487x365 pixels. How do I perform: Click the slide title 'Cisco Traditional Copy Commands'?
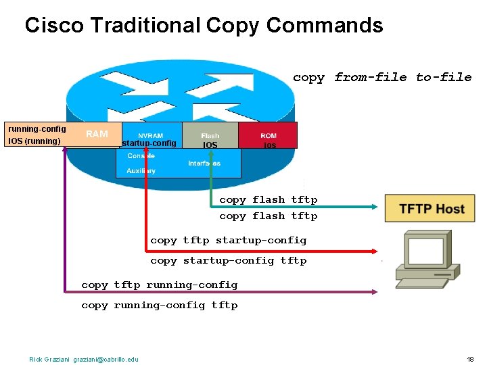click(x=204, y=26)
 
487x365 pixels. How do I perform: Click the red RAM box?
click(x=97, y=134)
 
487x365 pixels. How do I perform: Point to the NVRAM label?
click(x=150, y=136)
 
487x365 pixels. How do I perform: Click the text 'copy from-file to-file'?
click(x=382, y=78)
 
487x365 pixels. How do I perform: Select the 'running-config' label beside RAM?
click(x=37, y=129)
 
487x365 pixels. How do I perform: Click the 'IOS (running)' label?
click(x=34, y=141)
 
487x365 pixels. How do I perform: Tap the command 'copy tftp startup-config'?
click(x=228, y=241)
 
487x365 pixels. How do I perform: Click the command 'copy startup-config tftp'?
click(x=228, y=261)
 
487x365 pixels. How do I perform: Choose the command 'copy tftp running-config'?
click(x=159, y=285)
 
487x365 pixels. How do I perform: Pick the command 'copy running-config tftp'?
click(x=159, y=306)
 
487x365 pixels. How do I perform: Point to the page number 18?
click(x=470, y=359)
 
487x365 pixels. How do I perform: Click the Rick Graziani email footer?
click(x=83, y=359)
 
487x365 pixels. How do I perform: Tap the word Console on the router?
click(x=141, y=156)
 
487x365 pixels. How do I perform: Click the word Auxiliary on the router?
click(x=141, y=171)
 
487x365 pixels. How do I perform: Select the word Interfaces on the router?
click(x=204, y=164)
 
